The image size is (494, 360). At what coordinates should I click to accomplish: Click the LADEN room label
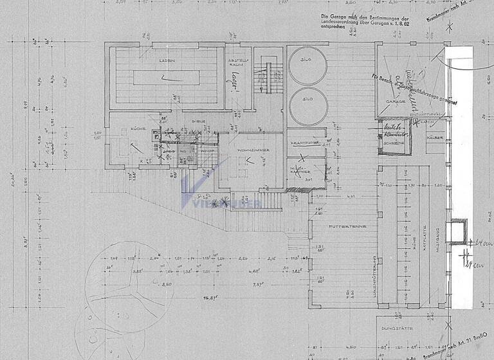(x=168, y=60)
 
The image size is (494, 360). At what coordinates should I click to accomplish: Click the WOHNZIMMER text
(x=248, y=150)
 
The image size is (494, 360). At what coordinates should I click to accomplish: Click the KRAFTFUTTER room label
(x=302, y=143)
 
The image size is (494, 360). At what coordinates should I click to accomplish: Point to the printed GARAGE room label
(x=395, y=102)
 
